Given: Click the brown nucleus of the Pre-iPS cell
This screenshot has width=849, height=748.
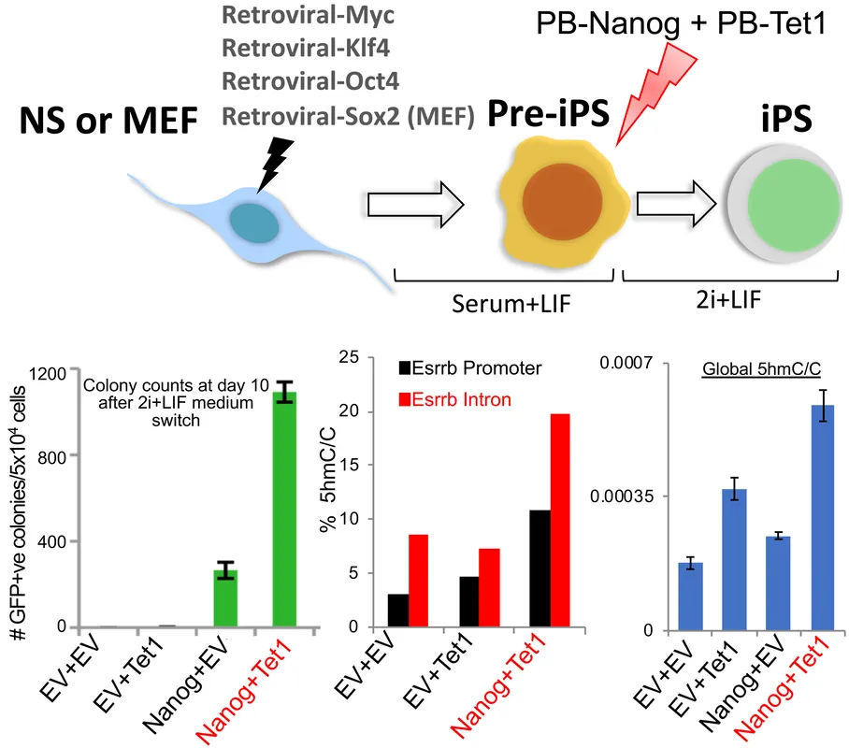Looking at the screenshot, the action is [562, 201].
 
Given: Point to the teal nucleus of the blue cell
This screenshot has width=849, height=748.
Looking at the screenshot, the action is [254, 223].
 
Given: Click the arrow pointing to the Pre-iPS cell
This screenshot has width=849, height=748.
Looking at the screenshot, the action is [416, 204].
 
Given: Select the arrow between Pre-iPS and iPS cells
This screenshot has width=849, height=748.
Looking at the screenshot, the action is [677, 204].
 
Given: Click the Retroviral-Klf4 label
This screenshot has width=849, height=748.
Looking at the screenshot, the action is [306, 49].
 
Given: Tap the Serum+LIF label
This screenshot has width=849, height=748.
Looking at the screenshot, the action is [511, 304].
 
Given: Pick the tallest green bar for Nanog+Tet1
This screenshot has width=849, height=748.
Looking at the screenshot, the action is [284, 510].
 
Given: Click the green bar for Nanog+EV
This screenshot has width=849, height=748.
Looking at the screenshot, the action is [225, 598].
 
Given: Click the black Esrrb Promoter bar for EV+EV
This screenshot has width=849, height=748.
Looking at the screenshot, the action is [398, 611].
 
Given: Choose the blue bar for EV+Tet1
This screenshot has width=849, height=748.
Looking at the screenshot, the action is [735, 559].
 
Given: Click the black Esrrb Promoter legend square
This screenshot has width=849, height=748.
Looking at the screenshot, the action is [405, 368].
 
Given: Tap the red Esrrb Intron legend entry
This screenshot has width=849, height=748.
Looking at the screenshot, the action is [454, 400].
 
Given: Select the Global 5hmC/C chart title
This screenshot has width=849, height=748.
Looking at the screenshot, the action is [761, 369].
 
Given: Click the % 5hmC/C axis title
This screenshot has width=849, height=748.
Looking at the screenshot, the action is [328, 480].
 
